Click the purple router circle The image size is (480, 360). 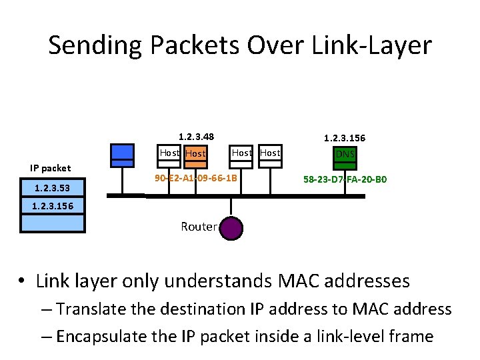pyautogui.click(x=231, y=227)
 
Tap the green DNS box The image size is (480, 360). pyautogui.click(x=345, y=155)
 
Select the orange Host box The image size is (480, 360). pyautogui.click(x=195, y=154)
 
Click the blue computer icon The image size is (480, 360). pyautogui.click(x=123, y=155)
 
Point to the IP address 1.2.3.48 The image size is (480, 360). pyautogui.click(x=196, y=137)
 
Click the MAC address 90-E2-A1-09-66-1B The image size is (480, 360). pyautogui.click(x=195, y=179)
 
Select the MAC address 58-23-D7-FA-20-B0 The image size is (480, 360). pyautogui.click(x=345, y=179)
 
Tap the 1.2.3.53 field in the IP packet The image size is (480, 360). pyautogui.click(x=53, y=189)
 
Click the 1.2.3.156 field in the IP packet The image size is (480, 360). pyautogui.click(x=53, y=206)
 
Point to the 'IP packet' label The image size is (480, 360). pyautogui.click(x=51, y=168)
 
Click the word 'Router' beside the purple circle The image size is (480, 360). pyautogui.click(x=199, y=227)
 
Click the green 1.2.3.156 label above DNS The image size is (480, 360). pyautogui.click(x=345, y=138)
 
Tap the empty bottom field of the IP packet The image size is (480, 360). pyautogui.click(x=53, y=223)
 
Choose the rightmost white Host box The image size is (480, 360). pyautogui.click(x=270, y=153)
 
